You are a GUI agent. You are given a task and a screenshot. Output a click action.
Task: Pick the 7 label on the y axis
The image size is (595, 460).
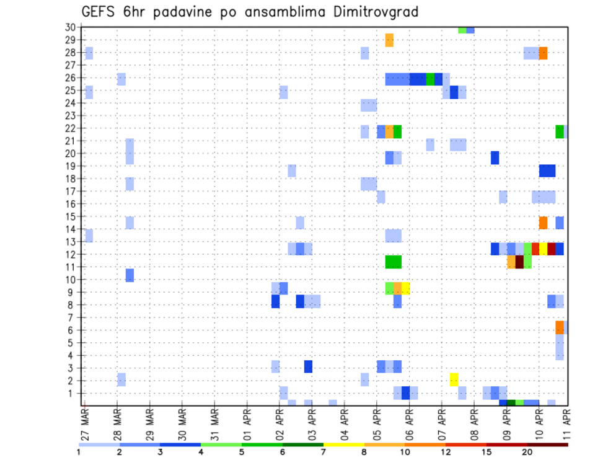tap(73, 317)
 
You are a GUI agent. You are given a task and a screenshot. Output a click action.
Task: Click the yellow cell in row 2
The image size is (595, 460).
tap(454, 379)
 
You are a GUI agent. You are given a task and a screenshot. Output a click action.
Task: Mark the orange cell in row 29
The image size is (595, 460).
tap(389, 40)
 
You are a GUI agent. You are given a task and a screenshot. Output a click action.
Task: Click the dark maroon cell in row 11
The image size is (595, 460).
tap(519, 262)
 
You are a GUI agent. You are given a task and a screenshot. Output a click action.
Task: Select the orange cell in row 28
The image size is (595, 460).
tap(543, 53)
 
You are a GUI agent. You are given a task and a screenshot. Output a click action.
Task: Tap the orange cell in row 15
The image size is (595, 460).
tap(543, 223)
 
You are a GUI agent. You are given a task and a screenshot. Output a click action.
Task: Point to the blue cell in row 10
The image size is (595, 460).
tap(130, 275)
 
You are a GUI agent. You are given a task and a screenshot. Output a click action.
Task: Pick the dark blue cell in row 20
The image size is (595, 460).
tap(495, 157)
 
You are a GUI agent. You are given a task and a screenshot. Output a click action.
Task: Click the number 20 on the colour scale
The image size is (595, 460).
tap(527, 453)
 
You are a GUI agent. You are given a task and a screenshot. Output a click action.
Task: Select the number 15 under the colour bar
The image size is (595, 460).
tap(487, 453)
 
